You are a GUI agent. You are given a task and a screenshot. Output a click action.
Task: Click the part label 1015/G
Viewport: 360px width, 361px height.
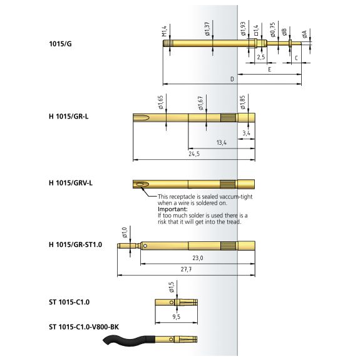coord(60,44)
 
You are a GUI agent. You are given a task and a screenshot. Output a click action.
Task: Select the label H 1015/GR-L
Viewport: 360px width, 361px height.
coord(68,117)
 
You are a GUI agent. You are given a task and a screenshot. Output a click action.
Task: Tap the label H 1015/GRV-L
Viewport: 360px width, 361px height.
coord(71,183)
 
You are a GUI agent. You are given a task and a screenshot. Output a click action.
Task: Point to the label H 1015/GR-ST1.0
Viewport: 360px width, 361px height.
coord(76,244)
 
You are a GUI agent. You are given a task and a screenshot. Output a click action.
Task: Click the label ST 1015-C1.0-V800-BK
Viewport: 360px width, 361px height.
coord(84,327)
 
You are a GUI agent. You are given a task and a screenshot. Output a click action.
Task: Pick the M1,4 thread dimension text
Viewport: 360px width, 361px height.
coord(164,31)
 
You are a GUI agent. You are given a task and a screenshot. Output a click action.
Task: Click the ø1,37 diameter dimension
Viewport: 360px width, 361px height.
coord(207,29)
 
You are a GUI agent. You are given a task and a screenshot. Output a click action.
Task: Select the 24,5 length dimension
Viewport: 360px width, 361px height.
coord(194,154)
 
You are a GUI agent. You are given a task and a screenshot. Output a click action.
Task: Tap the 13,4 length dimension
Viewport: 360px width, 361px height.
coord(221,143)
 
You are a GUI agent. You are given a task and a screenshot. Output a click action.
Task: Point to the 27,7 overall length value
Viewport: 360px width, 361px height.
coord(186,269)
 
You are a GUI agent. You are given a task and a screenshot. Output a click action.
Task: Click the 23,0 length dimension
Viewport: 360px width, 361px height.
coord(198,258)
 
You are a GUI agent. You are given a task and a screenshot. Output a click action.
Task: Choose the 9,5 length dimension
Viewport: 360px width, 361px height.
coord(177,317)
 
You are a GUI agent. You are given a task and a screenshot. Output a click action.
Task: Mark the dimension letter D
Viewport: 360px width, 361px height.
coord(232,79)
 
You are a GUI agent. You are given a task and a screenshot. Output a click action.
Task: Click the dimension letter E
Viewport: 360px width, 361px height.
coord(270,70)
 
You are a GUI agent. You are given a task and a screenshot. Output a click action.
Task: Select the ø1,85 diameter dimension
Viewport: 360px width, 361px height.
coord(242,102)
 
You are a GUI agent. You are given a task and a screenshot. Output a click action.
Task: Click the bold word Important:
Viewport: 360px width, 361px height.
coord(173,209)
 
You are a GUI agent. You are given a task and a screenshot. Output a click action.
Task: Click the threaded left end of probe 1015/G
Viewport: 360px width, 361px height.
coord(167,43)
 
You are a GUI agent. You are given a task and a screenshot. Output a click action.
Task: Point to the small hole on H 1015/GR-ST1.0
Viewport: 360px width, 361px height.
coord(145,246)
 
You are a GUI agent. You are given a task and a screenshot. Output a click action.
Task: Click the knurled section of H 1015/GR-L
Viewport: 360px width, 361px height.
coord(228,118)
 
